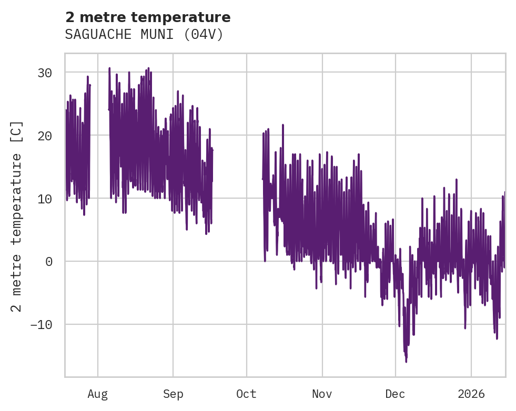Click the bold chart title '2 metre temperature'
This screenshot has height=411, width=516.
pos(148,17)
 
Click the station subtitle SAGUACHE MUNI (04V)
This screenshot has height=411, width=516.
pos(144,35)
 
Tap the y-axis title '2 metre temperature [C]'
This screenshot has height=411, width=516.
pos(17,216)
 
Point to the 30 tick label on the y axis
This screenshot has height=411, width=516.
pos(45,73)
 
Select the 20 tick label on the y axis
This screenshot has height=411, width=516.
pos(45,136)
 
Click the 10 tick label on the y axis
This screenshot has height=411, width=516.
pos(45,199)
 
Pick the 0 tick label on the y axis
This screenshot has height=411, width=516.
pos(49,261)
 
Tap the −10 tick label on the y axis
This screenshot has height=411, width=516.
pos(41,324)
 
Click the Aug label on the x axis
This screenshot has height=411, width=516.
pos(98,394)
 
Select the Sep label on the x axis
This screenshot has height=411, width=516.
pos(173,394)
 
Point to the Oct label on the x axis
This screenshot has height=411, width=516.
pos(246,394)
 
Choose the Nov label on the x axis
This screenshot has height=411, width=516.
pos(322,394)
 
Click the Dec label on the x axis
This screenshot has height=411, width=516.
pos(396,394)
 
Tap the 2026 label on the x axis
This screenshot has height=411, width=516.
pos(471,394)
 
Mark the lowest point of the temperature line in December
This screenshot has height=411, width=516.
pos(406,362)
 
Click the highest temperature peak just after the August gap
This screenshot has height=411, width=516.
pos(109,68)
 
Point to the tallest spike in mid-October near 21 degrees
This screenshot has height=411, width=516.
pos(283,125)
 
